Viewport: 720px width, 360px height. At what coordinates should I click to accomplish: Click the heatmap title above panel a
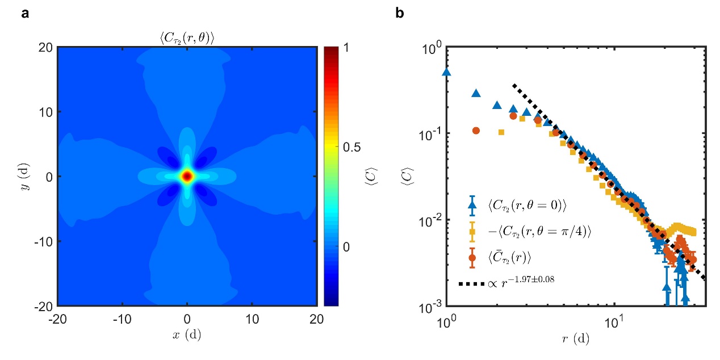point(188,39)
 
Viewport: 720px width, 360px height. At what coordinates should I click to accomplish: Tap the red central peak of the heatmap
point(187,177)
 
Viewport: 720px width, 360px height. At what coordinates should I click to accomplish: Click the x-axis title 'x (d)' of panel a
point(187,334)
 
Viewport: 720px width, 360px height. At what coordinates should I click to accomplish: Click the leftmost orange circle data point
point(476,131)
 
